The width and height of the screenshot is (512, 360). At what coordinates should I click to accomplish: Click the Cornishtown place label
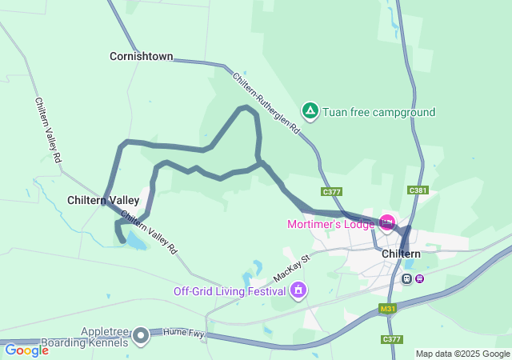142,57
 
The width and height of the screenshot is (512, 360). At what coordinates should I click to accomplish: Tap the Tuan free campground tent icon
310,110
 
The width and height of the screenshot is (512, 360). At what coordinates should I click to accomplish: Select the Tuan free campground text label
378,112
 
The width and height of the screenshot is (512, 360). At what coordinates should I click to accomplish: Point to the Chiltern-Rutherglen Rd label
266,102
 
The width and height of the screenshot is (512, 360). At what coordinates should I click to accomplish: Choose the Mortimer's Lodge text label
330,224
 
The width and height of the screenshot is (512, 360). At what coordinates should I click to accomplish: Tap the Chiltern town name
402,254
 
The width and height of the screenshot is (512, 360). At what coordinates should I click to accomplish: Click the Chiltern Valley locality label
103,200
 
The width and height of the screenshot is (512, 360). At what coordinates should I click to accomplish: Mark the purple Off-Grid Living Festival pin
298,290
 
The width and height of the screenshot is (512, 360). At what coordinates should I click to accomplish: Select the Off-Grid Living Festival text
230,290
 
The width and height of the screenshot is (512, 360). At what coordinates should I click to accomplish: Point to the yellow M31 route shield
388,309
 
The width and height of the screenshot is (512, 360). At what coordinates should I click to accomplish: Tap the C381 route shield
418,190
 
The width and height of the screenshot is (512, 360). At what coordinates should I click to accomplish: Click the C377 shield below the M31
391,340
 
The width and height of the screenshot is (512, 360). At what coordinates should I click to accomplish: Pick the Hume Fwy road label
180,330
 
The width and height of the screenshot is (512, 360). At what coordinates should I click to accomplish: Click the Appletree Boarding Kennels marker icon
142,335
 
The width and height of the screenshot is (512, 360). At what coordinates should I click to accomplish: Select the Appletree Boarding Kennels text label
105,337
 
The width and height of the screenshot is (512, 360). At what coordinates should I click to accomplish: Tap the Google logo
26,350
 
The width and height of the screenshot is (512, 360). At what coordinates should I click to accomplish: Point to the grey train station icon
407,278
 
